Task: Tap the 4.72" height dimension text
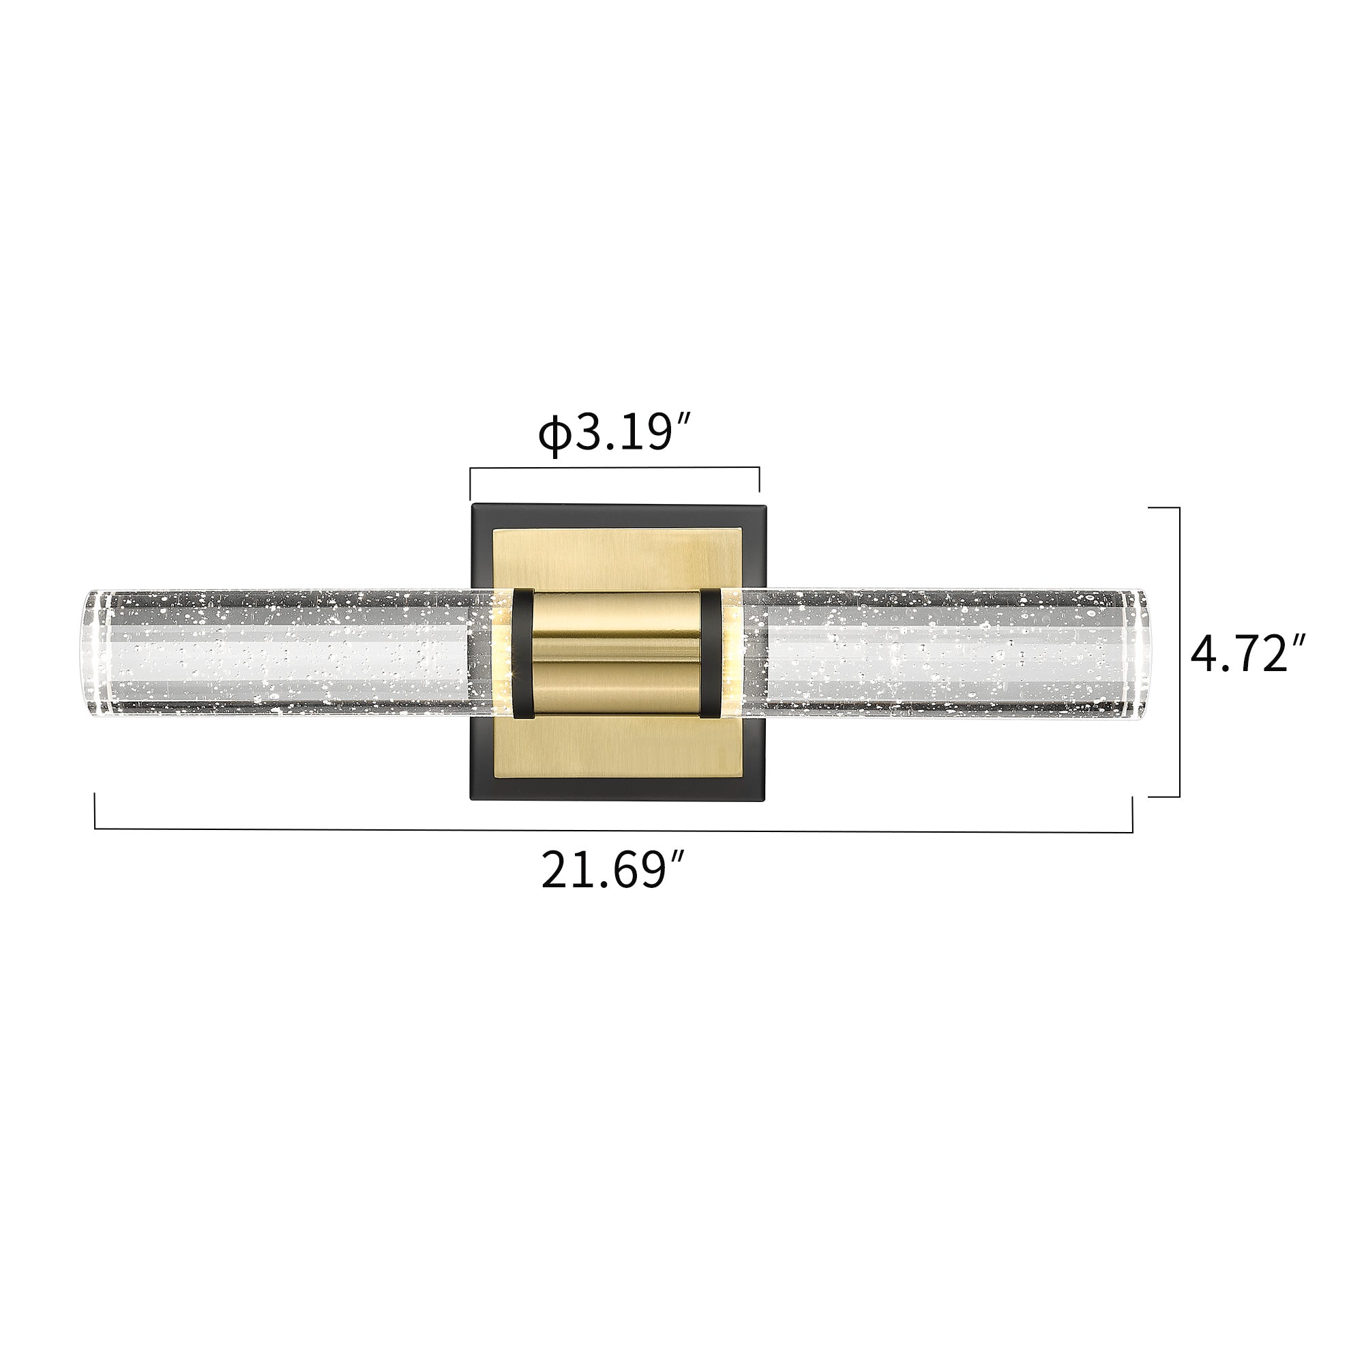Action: point(1247,654)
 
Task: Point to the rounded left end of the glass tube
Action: point(92,654)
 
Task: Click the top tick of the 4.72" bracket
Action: point(1163,507)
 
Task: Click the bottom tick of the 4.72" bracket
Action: point(1163,797)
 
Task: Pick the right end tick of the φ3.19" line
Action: point(759,479)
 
